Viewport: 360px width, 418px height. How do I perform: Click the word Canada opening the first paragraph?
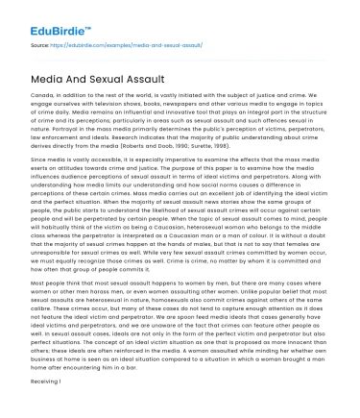[41, 93]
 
